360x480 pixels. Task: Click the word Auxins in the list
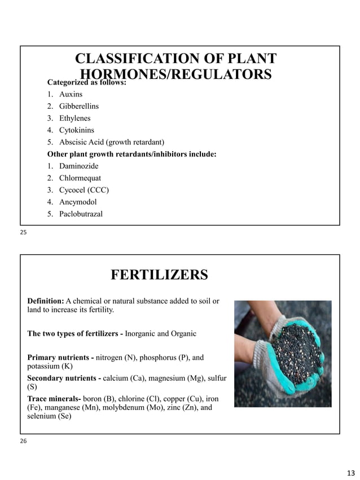point(71,94)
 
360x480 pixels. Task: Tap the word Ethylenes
point(74,118)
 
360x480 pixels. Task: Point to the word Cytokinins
point(77,130)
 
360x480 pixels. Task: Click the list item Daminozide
point(78,166)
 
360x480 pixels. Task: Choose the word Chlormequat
point(80,178)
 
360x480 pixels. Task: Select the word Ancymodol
point(78,202)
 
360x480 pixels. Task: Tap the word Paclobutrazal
point(81,214)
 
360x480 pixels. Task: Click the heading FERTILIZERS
point(159,275)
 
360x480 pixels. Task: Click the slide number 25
point(24,232)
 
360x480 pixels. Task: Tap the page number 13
point(351,472)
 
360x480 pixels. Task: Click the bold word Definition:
point(46,301)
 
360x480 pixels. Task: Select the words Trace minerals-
point(54,398)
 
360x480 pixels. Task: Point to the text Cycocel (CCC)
point(84,190)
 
